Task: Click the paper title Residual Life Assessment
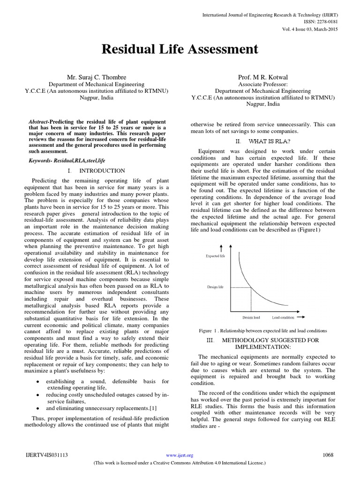[180, 49]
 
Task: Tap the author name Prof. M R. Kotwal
[262, 76]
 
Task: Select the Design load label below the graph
[251, 317]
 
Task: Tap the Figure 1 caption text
[263, 330]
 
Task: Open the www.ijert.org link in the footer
[180, 455]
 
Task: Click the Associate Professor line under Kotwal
[262, 84]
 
